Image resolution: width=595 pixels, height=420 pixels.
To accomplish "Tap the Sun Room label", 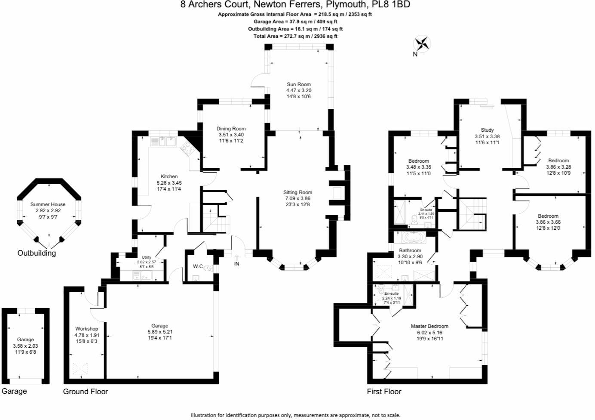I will click(298, 84).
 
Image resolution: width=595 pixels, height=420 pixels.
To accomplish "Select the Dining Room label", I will click(231, 129).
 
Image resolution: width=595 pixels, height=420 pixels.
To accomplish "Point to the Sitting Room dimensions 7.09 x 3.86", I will click(297, 198).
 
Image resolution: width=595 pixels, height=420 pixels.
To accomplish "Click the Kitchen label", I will click(169, 176).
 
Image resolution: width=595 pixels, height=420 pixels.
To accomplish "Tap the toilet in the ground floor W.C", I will click(208, 268).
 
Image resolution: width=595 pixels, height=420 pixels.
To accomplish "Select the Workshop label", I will click(86, 329).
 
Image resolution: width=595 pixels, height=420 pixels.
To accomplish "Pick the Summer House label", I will click(48, 204).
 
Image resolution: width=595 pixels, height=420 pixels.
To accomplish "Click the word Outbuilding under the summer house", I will click(37, 253).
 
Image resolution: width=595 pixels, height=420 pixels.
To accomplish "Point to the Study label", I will click(487, 130).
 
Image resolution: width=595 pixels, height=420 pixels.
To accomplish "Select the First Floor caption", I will click(384, 391).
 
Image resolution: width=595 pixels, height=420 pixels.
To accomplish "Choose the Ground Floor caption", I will click(86, 391).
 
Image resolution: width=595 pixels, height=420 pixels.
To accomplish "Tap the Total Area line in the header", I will click(295, 36).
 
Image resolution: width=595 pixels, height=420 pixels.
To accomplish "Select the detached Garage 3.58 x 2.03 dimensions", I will click(25, 346).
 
